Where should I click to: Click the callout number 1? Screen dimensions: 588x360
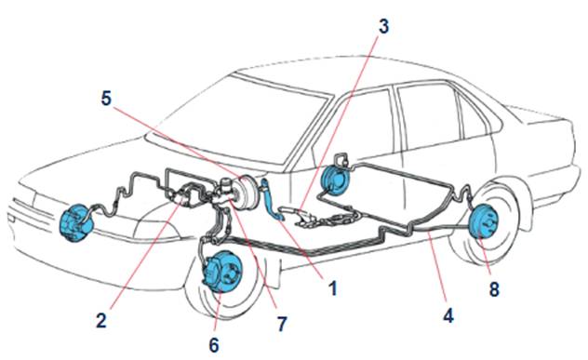tap(333, 288)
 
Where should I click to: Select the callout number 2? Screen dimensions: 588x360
tap(101, 321)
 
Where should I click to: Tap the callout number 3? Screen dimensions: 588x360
tap(383, 27)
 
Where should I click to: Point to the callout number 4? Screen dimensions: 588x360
tap(448, 315)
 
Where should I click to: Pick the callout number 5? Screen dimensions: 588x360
tap(106, 98)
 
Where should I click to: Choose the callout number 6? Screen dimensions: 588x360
tap(214, 344)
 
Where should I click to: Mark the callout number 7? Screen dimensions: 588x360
tap(282, 323)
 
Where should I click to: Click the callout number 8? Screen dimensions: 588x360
tap(494, 289)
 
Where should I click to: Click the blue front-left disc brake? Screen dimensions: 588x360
tap(76, 223)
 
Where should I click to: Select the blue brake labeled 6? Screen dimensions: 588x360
tap(222, 271)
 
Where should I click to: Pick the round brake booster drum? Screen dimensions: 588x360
tap(246, 192)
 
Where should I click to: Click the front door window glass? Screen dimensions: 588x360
tap(356, 127)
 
